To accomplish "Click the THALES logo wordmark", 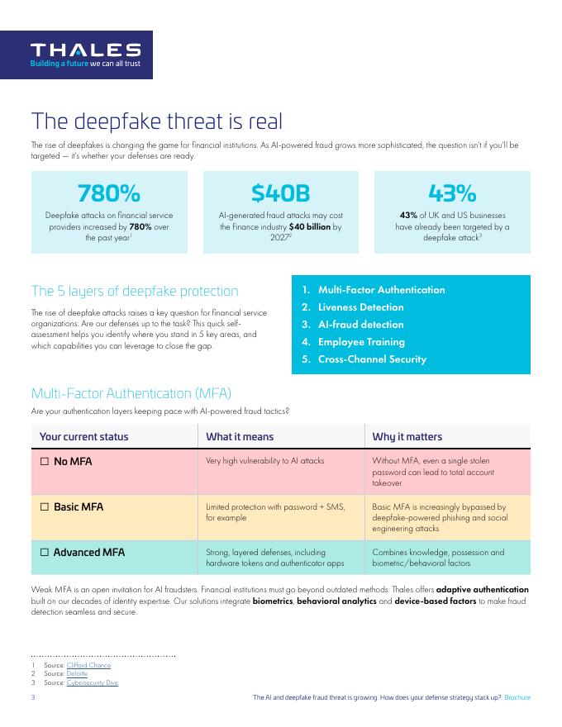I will tap(85, 50).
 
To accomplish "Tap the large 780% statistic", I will tap(108, 193).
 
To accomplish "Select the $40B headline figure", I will tap(280, 193).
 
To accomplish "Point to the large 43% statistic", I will tap(452, 193).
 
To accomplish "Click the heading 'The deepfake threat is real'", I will tap(157, 121).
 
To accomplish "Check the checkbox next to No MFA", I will tap(45, 461).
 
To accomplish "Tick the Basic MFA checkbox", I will tap(45, 506).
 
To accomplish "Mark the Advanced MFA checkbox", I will tap(45, 552).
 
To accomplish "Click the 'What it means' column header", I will tap(240, 436).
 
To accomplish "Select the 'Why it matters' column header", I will tap(407, 436).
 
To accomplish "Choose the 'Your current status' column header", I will tap(83, 436).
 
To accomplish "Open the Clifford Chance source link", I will tap(88, 665).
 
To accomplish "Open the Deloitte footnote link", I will tap(78, 674).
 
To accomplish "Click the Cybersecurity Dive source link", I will tap(92, 683).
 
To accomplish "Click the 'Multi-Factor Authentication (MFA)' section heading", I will tap(131, 393).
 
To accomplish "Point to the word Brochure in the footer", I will tap(517, 698).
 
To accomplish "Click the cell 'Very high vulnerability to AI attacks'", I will tap(264, 461).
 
